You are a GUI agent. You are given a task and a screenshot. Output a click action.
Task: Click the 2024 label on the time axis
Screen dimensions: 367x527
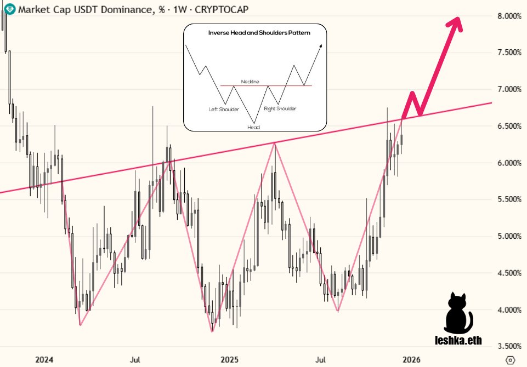point(44,360)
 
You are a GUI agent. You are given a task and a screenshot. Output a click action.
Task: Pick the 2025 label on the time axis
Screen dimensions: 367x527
point(229,360)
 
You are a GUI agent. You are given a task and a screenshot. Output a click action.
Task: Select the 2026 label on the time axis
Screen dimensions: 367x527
point(412,360)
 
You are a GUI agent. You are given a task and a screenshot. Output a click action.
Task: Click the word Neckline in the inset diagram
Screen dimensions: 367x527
point(250,82)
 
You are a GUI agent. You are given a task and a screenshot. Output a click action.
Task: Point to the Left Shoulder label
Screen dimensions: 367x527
point(224,110)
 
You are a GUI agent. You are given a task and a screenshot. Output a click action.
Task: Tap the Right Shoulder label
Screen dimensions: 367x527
point(280,109)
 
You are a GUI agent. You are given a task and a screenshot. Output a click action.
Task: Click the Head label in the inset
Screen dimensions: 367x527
point(253,127)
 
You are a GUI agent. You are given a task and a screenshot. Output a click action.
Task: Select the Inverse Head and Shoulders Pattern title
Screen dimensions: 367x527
point(259,33)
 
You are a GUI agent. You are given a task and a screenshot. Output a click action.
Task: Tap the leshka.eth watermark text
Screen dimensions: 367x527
point(458,341)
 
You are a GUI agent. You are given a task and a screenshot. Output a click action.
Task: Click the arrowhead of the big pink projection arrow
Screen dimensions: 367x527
point(455,23)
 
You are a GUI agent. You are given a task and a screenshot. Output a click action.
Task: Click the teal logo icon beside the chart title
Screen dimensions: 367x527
point(9,9)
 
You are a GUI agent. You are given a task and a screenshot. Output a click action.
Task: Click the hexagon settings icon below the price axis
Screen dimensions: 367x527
point(511,360)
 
